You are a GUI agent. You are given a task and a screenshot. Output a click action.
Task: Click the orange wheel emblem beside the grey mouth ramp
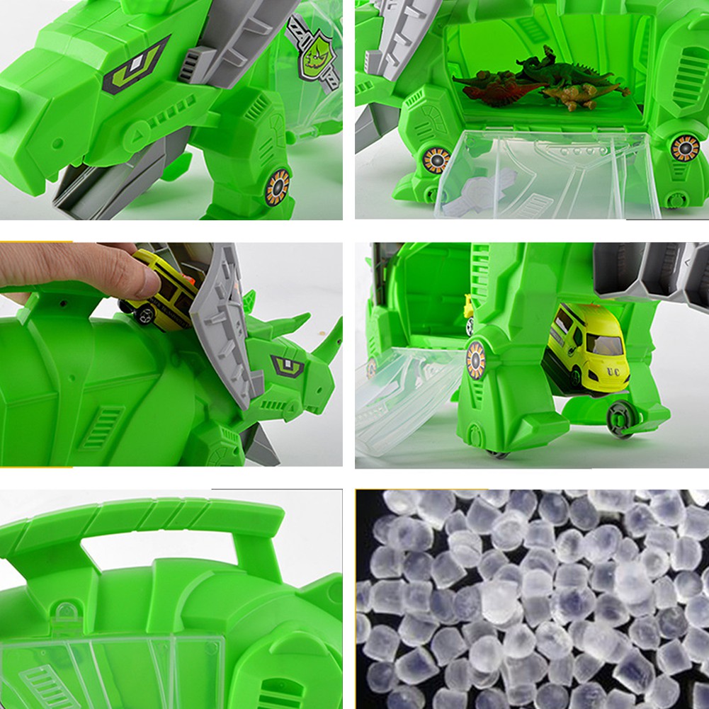tap(277, 187)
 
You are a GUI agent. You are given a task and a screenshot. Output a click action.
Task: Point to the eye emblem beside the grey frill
tap(288, 365)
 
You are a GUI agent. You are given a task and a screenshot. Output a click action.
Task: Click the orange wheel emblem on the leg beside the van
tap(476, 359)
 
